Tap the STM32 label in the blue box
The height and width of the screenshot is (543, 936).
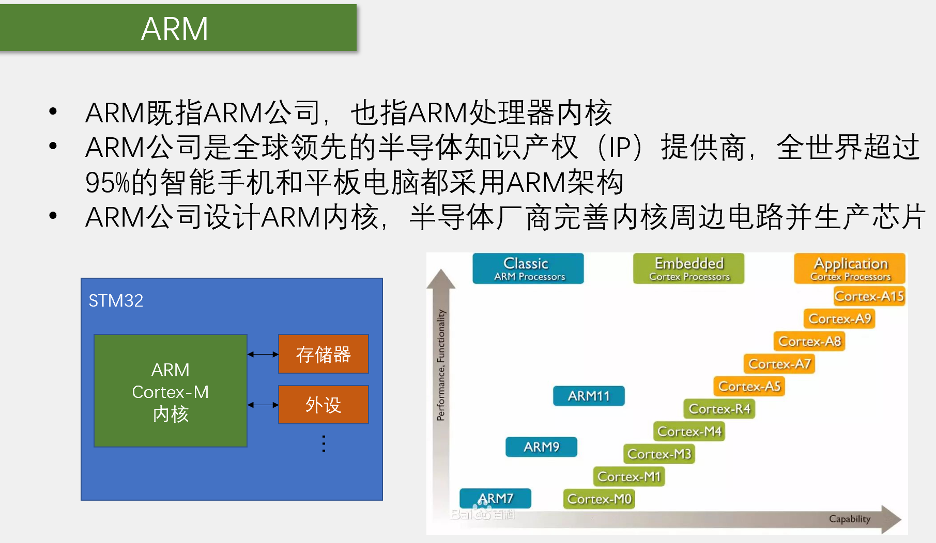coord(115,300)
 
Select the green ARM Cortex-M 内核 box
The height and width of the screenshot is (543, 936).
coord(171,391)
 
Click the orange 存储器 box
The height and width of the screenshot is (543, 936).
coord(323,354)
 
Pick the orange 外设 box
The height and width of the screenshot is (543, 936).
coord(323,405)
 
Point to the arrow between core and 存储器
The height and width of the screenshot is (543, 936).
coord(263,354)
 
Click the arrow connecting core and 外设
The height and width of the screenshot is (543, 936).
coord(263,405)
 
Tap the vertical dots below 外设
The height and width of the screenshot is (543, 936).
coord(324,444)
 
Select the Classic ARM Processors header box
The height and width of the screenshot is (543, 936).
coord(528,268)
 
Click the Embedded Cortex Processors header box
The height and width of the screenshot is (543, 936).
coord(688,268)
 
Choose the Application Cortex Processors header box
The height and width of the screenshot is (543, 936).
coord(850,268)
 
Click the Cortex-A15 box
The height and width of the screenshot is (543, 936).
coord(869,296)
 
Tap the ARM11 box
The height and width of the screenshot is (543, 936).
coord(589,396)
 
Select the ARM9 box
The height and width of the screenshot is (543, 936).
coord(541,446)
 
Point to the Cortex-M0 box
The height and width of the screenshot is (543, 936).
coord(599,499)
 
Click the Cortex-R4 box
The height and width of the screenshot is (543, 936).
coord(719,409)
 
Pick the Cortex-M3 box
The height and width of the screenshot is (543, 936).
coord(659,454)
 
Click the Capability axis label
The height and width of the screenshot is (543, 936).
coord(849,519)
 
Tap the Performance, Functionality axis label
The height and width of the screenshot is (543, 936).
coord(440,365)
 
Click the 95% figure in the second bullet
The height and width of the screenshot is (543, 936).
coord(108,183)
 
